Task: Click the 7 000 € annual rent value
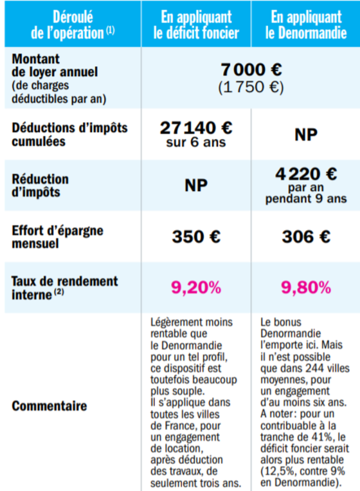(x=251, y=69)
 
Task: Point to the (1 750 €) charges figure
(x=251, y=87)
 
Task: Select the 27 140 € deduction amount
(x=196, y=128)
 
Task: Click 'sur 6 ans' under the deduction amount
(x=196, y=142)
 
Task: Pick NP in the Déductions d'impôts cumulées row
(x=306, y=134)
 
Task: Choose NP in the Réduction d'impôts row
(x=196, y=185)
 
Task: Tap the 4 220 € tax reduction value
(x=306, y=174)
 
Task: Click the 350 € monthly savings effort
(x=196, y=236)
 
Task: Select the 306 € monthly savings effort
(x=306, y=236)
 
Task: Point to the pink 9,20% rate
(x=196, y=288)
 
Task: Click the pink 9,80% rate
(x=306, y=288)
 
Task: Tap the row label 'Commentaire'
(x=50, y=406)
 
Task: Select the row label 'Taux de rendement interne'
(x=65, y=288)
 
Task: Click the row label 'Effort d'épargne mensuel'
(x=58, y=237)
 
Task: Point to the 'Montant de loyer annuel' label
(x=55, y=66)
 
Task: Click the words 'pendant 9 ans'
(x=306, y=199)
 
